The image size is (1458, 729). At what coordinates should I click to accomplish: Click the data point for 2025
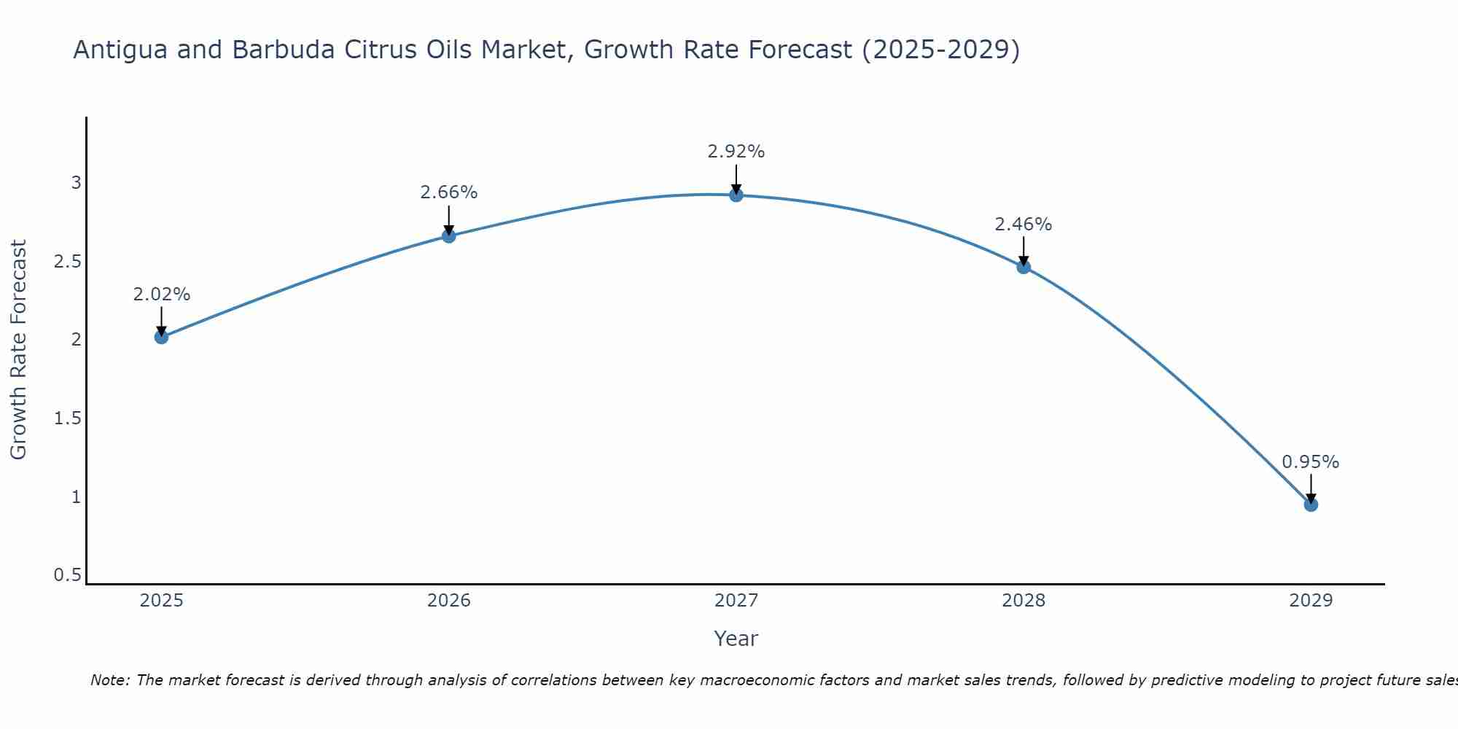coord(162,337)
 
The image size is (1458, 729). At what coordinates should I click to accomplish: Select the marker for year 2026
coord(449,236)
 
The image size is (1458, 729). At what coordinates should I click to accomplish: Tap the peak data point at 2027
coord(736,195)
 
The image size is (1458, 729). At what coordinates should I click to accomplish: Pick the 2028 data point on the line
coord(1024,267)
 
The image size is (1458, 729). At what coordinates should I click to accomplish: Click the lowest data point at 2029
coord(1311,504)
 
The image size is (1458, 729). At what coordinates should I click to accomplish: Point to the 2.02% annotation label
coord(162,295)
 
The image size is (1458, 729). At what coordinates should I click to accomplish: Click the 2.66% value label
coord(449,192)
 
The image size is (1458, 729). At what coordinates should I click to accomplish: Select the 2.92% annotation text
coord(736,152)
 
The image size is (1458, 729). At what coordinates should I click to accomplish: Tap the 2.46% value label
coord(1024,225)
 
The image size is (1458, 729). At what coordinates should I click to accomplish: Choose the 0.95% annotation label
coord(1311,462)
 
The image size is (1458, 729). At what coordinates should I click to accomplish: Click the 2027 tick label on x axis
coord(736,601)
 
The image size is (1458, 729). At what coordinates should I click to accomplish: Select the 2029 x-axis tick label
coord(1311,601)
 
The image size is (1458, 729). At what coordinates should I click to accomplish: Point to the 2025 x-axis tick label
coord(162,601)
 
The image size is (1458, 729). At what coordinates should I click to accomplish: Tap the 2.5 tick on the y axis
coord(67,261)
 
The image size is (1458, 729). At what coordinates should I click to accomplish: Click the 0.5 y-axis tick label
coord(67,575)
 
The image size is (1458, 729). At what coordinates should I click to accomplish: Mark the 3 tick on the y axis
coord(76,182)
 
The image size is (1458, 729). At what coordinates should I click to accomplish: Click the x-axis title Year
coord(736,639)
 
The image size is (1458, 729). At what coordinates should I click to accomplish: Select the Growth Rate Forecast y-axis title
coord(18,350)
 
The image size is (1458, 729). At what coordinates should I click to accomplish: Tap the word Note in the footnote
coord(109,680)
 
